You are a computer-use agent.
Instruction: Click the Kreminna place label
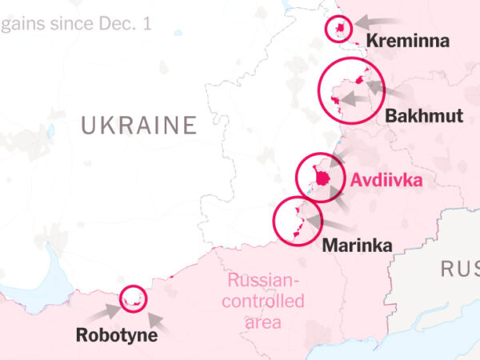click(407, 42)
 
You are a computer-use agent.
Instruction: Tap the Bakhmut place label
click(424, 116)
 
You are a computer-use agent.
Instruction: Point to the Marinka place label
click(357, 246)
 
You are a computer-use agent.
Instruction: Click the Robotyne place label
click(117, 335)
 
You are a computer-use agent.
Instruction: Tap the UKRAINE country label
click(138, 126)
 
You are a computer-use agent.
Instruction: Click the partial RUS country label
click(459, 269)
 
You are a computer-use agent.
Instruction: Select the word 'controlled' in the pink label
click(263, 302)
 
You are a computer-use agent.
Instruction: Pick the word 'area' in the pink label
click(264, 322)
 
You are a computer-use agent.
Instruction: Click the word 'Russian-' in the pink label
click(263, 281)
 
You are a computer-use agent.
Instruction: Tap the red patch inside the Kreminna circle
click(341, 30)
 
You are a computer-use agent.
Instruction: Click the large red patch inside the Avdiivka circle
click(322, 178)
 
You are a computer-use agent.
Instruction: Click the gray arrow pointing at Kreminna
click(376, 21)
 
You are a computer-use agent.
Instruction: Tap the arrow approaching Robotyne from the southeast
click(158, 322)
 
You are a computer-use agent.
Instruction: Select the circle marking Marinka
click(295, 219)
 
